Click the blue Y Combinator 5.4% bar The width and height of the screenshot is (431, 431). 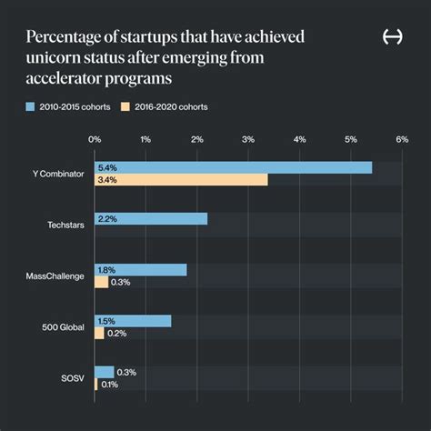click(x=233, y=167)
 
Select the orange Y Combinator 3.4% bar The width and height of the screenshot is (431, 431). click(x=181, y=180)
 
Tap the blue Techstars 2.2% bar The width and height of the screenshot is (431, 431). click(x=151, y=219)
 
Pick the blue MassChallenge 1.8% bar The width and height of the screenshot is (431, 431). click(x=140, y=270)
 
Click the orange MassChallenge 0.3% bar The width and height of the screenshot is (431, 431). click(x=101, y=283)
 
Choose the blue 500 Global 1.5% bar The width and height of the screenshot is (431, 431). click(x=133, y=321)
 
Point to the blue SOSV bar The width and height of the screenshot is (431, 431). click(x=104, y=372)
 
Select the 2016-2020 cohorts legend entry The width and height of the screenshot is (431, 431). click(x=169, y=107)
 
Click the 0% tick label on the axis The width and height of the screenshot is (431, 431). click(x=95, y=139)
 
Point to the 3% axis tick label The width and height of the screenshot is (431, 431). click(x=248, y=139)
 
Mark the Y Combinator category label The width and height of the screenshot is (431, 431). click(x=57, y=174)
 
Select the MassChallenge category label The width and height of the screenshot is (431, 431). click(x=56, y=276)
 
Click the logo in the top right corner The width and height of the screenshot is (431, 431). click(x=393, y=37)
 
